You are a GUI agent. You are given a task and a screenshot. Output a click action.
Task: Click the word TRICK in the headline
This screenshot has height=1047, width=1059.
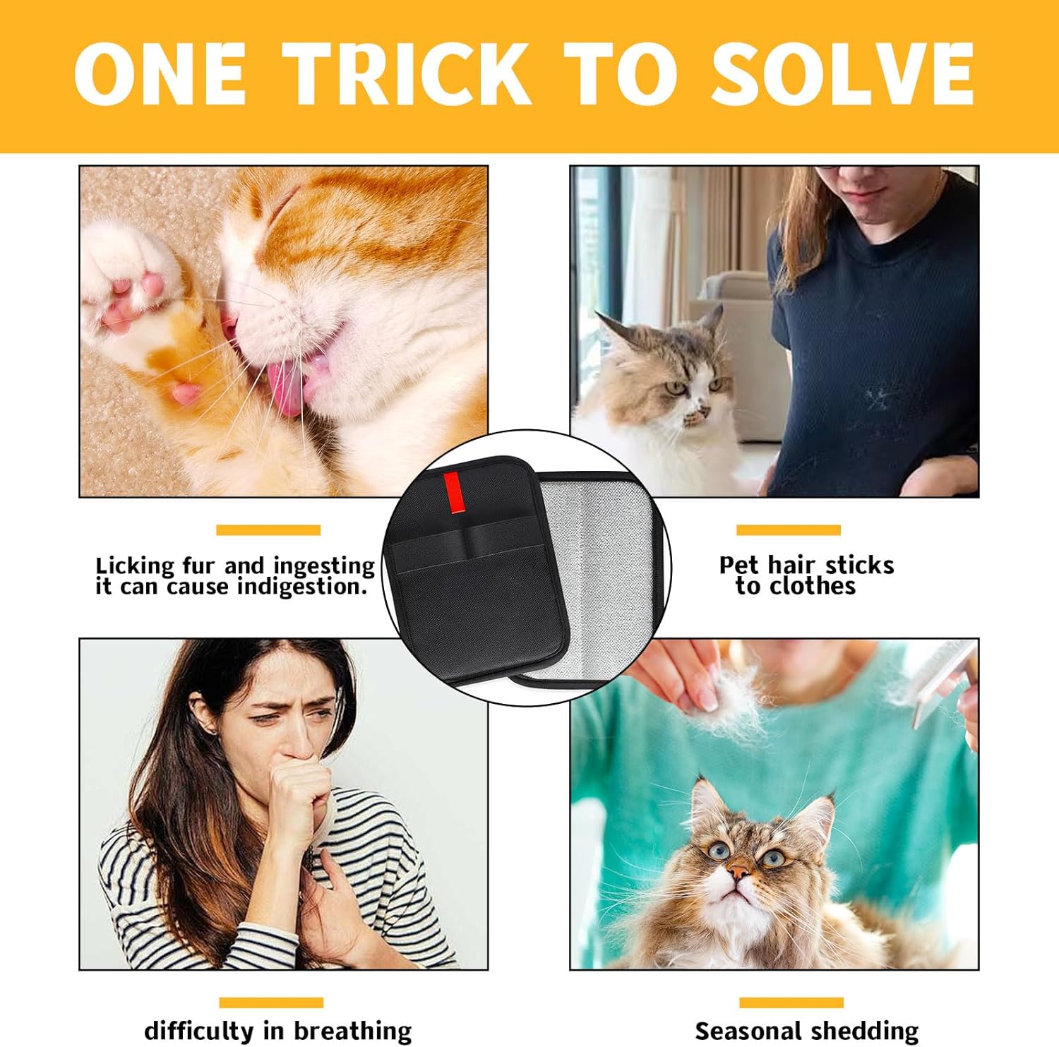(409, 74)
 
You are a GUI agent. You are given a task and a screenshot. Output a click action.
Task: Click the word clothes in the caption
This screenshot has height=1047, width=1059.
(813, 586)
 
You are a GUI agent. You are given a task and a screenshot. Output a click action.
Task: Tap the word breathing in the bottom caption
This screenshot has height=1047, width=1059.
(353, 1031)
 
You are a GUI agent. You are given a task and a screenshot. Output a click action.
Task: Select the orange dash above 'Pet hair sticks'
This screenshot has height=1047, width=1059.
(788, 530)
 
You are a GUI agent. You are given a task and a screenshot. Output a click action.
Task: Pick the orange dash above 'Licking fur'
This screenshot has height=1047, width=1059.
(268, 530)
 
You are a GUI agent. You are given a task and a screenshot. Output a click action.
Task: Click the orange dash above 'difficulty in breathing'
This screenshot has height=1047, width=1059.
(271, 1003)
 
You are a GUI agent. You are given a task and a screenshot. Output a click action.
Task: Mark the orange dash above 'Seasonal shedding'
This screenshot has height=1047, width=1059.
(791, 1003)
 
